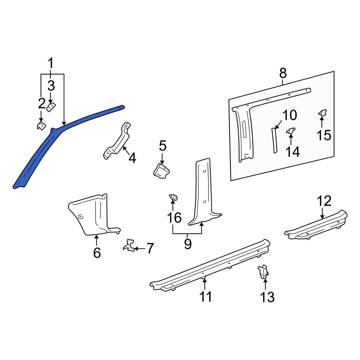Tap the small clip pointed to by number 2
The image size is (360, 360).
point(41,126)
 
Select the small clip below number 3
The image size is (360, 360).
point(51,107)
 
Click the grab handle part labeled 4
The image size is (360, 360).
point(117,141)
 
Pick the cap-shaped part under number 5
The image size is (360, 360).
point(161,171)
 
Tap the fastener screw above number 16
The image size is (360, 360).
point(174,197)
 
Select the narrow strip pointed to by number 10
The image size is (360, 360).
point(274,140)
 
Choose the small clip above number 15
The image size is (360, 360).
point(323,113)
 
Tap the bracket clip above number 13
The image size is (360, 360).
point(263,271)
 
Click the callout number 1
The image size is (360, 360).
point(50,63)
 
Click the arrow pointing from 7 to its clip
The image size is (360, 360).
point(140,248)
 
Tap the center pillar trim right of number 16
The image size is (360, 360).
point(203,193)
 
